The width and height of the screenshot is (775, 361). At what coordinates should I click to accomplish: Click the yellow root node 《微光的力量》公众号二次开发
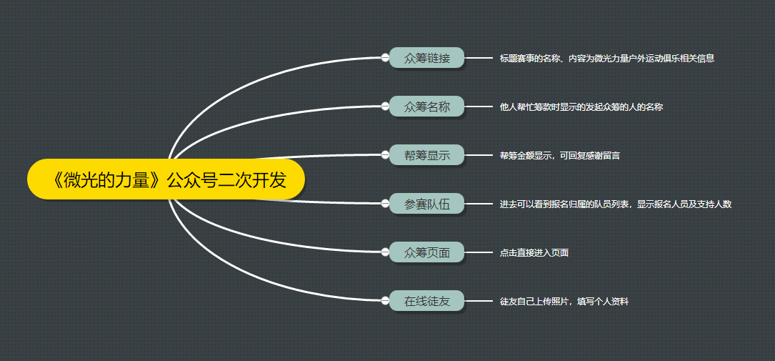(166, 179)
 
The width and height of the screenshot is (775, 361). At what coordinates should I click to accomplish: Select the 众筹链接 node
(427, 58)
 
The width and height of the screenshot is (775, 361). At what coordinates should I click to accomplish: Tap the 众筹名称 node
(427, 107)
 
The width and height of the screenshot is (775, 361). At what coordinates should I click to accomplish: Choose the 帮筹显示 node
(427, 155)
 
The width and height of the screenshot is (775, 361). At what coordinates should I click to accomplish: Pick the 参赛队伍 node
(427, 204)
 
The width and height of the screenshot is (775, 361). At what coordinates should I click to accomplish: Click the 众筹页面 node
(427, 252)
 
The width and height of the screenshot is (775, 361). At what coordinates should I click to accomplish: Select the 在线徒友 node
(427, 301)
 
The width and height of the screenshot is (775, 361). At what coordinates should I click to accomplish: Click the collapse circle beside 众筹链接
(386, 58)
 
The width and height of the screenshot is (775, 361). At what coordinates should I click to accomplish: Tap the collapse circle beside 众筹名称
(386, 107)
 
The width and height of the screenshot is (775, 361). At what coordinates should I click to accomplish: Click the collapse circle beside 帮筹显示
(386, 155)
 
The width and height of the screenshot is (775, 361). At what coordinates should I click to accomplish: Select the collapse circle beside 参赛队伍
(386, 204)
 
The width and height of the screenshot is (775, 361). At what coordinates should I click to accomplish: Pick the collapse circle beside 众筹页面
(386, 252)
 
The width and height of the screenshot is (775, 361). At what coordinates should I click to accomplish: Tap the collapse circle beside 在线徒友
(386, 301)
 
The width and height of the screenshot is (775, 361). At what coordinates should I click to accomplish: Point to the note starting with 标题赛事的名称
(606, 59)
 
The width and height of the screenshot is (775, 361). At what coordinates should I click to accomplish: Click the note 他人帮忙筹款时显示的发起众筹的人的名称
(581, 107)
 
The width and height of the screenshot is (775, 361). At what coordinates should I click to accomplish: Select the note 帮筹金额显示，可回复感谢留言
(559, 156)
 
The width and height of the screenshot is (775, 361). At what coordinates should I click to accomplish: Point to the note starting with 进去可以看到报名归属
(615, 204)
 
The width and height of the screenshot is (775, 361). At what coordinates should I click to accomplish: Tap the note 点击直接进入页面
(534, 253)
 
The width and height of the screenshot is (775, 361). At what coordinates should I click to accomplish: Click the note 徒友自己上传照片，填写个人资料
(564, 302)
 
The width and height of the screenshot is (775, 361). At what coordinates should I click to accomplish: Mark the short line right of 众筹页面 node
(479, 252)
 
